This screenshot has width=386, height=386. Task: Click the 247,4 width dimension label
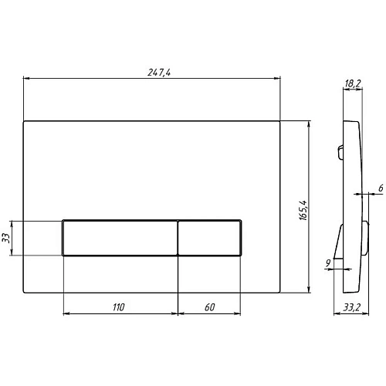(159, 73)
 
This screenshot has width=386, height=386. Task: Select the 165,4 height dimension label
(303, 210)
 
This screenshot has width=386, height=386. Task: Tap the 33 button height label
(5, 238)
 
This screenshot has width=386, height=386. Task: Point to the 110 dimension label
(119, 307)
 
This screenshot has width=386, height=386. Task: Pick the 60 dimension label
(210, 307)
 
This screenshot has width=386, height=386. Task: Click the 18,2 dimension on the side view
(353, 83)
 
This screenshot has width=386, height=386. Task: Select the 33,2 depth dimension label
(352, 307)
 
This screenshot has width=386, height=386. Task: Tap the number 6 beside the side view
(381, 188)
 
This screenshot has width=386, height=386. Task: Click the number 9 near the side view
(328, 263)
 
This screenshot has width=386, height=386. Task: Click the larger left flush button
(120, 238)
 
